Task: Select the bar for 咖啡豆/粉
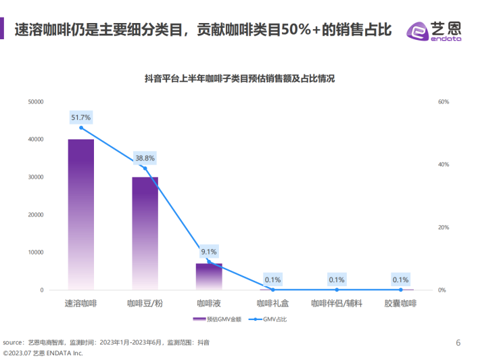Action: click(x=145, y=233)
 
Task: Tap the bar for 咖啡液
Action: click(x=209, y=276)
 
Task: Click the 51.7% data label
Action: click(x=81, y=118)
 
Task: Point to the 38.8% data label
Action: click(x=145, y=158)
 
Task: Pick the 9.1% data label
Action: click(x=209, y=252)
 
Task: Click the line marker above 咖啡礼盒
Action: click(x=272, y=290)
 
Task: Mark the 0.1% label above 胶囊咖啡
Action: click(x=400, y=279)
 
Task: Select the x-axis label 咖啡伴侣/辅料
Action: click(x=337, y=303)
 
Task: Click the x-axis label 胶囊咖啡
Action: click(x=400, y=303)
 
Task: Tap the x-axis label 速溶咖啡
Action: click(x=81, y=303)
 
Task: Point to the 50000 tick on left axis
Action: click(x=36, y=102)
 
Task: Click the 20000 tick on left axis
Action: click(x=36, y=215)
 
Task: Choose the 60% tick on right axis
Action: click(x=443, y=102)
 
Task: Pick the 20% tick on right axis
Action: click(x=443, y=227)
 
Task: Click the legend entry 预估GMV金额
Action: click(x=215, y=319)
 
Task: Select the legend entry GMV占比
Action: click(x=270, y=319)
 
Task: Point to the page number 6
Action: click(x=458, y=341)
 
